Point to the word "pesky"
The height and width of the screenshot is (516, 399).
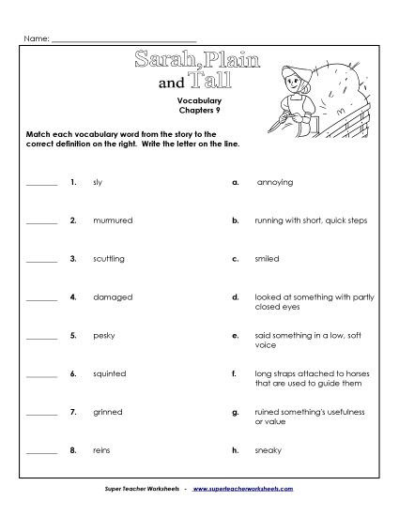pyautogui.click(x=103, y=335)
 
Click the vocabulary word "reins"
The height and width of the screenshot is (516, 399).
pyautogui.click(x=101, y=450)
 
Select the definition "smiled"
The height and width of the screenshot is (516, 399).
pyautogui.click(x=267, y=258)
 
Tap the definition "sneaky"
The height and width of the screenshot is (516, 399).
pyautogui.click(x=268, y=450)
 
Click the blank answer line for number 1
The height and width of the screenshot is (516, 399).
pyautogui.click(x=41, y=185)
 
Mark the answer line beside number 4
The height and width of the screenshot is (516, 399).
pyautogui.click(x=41, y=299)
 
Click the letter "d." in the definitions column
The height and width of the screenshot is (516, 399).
pyautogui.click(x=235, y=296)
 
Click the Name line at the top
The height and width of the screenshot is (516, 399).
pyautogui.click(x=122, y=39)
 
